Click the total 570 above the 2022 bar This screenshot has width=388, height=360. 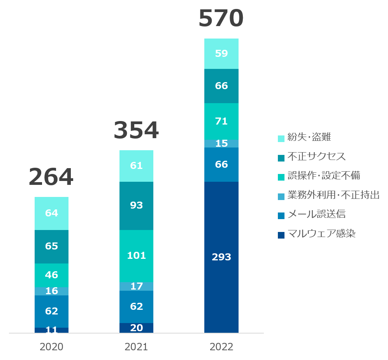[221, 19]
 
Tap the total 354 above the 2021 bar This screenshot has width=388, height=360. [136, 130]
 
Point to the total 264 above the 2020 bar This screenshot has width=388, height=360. [51, 177]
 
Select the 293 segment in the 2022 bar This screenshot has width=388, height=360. [221, 257]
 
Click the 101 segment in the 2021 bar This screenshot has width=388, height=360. [136, 256]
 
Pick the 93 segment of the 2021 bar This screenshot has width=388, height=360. [136, 205]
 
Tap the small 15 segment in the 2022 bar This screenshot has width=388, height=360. [221, 144]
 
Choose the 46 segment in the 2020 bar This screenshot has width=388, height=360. [51, 275]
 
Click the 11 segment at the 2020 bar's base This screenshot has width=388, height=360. [51, 330]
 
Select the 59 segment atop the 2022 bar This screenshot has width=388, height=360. [221, 54]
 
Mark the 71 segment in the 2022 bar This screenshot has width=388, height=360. [221, 121]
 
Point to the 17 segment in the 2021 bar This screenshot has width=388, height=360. [136, 286]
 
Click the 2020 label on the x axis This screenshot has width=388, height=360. [51, 347]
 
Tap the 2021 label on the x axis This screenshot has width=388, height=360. [136, 347]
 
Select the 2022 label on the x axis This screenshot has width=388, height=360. [221, 347]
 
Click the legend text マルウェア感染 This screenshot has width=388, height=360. [321, 234]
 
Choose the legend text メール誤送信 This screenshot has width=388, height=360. [316, 214]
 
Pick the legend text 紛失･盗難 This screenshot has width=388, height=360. [309, 137]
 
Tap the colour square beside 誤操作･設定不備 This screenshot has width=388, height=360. [281, 177]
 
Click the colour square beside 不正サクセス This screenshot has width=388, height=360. [281, 158]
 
